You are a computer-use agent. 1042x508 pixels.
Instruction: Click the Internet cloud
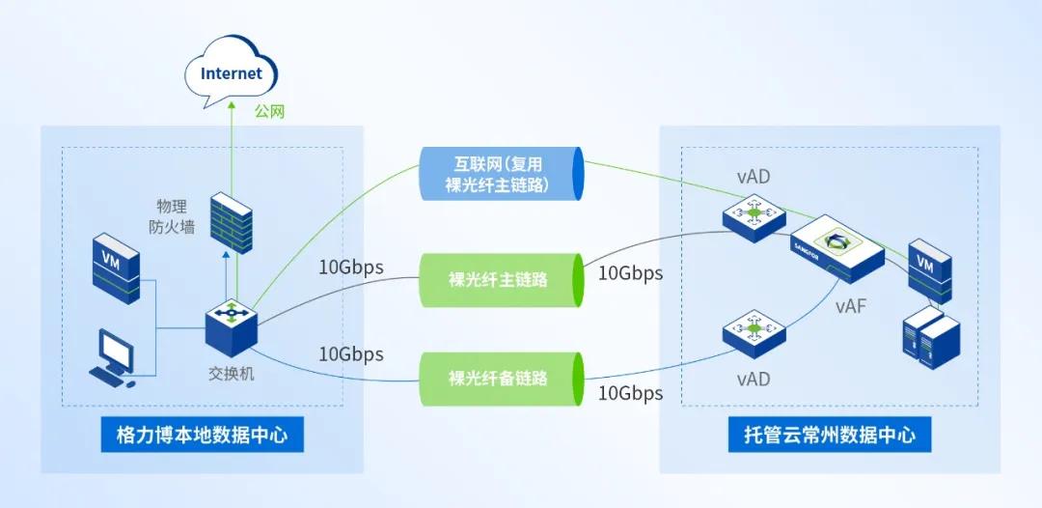pos(232,74)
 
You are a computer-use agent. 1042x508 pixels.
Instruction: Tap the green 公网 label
pos(270,112)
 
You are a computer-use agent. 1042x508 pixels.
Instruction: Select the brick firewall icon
pos(231,222)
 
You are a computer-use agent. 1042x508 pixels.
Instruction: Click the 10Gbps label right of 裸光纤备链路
pos(630,393)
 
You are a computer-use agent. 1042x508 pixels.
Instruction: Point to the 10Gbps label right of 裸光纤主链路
pos(630,273)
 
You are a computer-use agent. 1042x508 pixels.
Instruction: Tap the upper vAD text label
pos(753,178)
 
